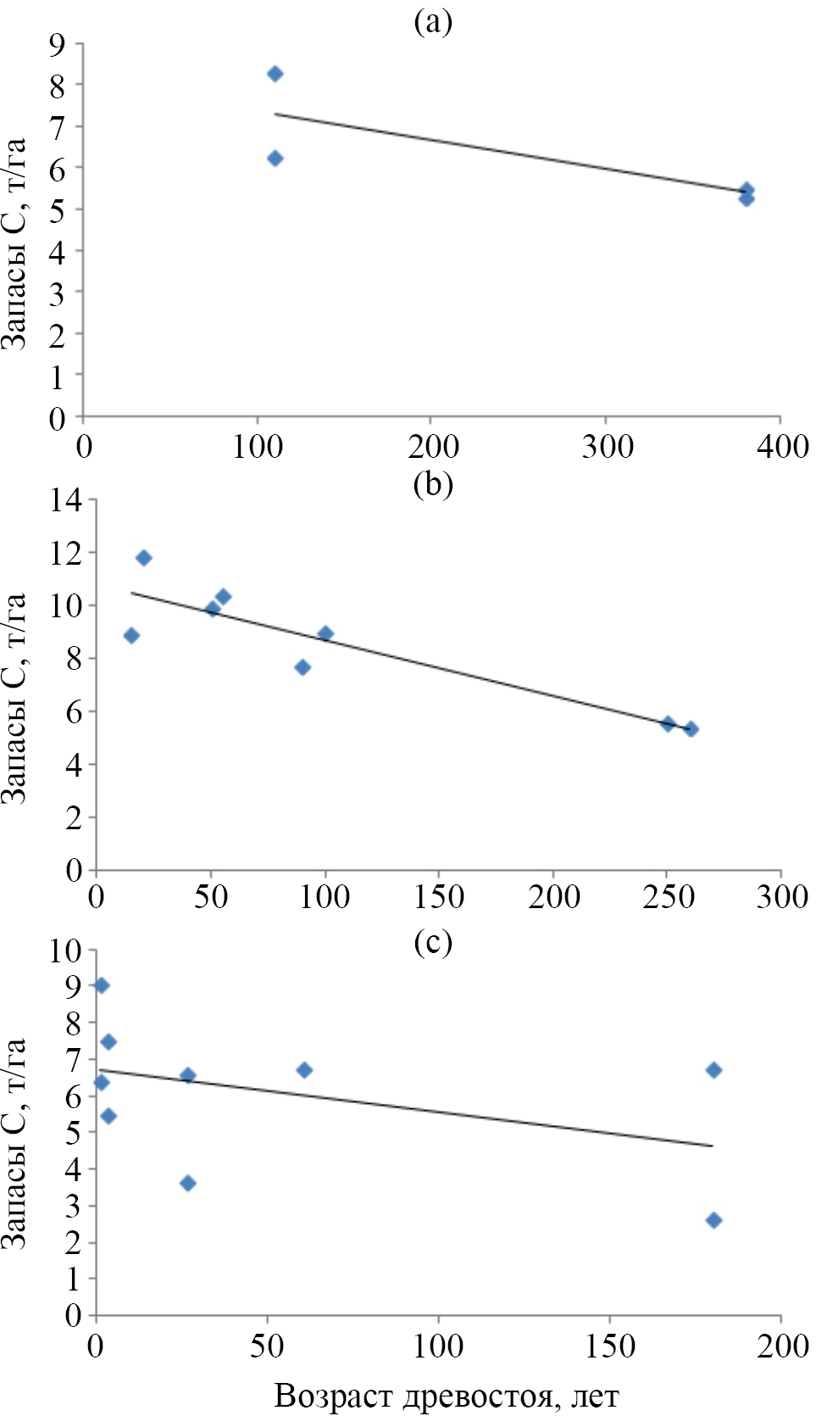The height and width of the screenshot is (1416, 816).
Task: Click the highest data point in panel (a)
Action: pos(275,74)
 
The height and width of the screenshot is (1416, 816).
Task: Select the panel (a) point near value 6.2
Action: pos(275,159)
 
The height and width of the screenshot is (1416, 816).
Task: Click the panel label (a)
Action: pos(433,22)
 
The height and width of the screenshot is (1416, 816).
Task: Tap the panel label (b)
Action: pos(433,484)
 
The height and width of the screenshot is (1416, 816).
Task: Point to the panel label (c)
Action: pos(433,942)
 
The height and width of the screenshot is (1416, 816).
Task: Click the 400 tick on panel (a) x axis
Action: pos(782,446)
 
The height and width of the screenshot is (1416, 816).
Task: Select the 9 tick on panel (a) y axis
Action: pos(58,44)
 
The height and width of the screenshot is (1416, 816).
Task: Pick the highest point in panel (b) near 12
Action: pos(143,558)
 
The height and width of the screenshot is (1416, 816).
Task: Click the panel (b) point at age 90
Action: pos(303,667)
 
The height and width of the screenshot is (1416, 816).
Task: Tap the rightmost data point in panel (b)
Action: pos(691,729)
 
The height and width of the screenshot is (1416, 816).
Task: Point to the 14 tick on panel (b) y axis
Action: pos(65,500)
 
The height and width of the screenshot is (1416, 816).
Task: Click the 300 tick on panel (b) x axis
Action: pos(781,897)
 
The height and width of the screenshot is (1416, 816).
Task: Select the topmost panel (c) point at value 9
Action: pos(101,985)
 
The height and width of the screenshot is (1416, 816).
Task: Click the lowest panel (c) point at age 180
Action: pos(713,1220)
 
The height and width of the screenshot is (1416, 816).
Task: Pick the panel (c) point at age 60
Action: pos(304,1070)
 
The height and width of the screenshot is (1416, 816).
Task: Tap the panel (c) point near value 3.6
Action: pos(188,1183)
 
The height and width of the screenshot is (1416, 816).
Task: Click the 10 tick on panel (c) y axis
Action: pos(65,951)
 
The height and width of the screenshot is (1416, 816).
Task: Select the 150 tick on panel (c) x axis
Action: pos(609,1346)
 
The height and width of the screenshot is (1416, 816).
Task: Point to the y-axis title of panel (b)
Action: pos(15,697)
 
